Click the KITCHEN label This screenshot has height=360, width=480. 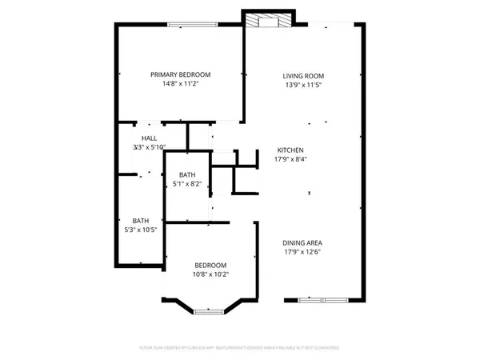point(290,150)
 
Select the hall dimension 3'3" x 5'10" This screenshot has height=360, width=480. point(150,148)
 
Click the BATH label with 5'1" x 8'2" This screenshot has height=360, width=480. point(186,175)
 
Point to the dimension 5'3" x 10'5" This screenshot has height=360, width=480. point(141,230)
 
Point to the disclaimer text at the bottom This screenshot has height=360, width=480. point(240,347)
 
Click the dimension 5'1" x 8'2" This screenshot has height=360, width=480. point(186,184)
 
